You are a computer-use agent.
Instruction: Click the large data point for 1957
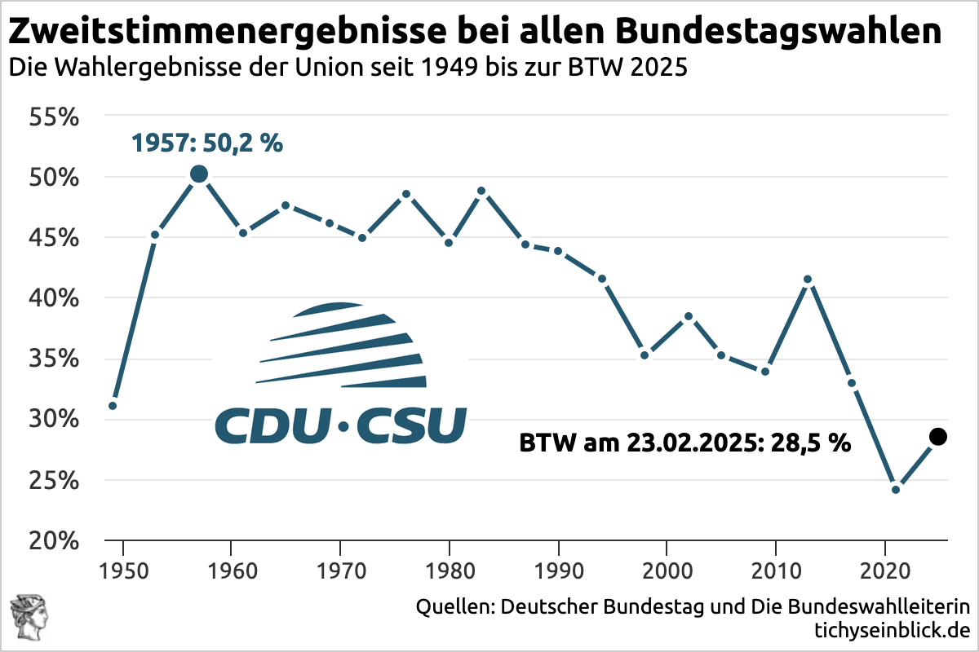point(198,174)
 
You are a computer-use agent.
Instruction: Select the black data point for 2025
point(938,437)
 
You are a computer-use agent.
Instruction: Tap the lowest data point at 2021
point(895,490)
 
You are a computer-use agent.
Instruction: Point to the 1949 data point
point(113,406)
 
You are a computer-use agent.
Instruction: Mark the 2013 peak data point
point(808,280)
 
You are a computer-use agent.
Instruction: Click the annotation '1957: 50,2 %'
point(207,144)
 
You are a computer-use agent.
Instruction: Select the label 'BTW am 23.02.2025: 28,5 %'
point(685,443)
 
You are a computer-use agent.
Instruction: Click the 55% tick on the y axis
point(54,117)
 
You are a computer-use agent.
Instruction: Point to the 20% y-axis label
point(54,541)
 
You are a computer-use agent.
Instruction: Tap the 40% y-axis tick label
point(54,299)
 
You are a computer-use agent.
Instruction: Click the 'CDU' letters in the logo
point(272,425)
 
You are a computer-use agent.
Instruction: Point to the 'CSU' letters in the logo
point(412,425)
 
